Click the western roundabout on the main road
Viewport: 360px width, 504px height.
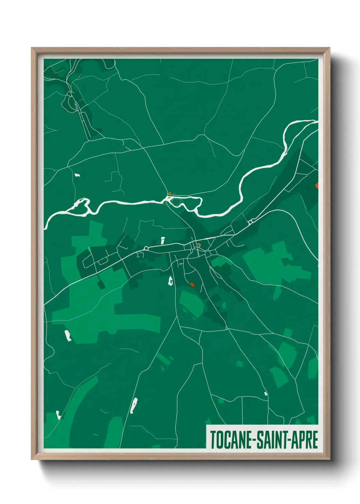pos(146,248)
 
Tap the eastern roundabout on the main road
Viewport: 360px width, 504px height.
pos(250,222)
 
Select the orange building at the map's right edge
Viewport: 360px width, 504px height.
pos(317,185)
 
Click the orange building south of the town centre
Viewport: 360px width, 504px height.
pos(192,284)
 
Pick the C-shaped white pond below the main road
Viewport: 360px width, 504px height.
pos(170,281)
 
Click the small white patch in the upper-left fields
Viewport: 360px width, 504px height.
pos(77,175)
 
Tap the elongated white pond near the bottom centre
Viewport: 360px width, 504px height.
pos(134,405)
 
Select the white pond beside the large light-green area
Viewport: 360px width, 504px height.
pos(68,335)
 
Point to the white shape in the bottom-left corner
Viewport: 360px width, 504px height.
pos(59,415)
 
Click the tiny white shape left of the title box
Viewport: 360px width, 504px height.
pos(266,394)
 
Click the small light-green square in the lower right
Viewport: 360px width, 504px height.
pos(240,364)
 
